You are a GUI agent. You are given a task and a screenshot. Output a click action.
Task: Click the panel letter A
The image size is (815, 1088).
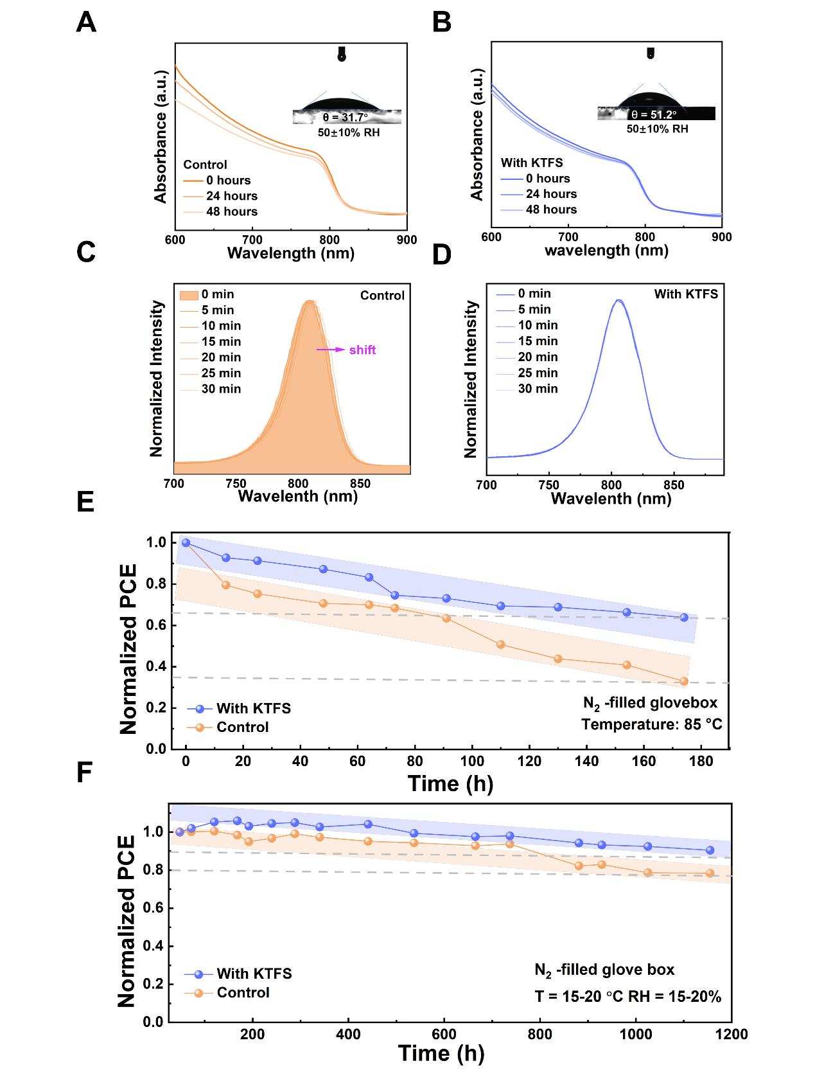(x=86, y=23)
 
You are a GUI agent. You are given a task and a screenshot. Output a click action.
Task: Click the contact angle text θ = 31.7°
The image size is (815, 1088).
(x=345, y=118)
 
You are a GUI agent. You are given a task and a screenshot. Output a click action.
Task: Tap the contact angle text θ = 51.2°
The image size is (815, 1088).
(x=654, y=114)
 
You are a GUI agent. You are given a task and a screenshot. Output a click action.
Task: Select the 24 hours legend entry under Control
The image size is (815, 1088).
(x=231, y=196)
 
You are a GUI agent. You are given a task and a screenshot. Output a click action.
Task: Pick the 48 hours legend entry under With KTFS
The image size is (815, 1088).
(x=551, y=210)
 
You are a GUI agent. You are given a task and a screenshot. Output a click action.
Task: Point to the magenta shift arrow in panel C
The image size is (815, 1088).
(x=330, y=350)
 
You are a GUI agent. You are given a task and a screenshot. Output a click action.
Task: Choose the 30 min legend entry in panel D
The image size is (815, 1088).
(x=538, y=389)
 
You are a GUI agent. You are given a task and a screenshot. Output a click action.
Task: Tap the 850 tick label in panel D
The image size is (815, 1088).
(x=673, y=485)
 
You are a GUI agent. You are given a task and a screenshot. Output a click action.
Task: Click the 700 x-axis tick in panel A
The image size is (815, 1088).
(x=252, y=240)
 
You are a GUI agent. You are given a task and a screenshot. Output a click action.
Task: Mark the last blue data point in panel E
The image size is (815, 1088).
(x=684, y=618)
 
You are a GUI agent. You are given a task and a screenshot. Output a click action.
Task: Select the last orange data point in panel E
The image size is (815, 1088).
(x=684, y=681)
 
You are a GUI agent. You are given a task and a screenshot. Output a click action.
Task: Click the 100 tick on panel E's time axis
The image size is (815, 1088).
(x=472, y=762)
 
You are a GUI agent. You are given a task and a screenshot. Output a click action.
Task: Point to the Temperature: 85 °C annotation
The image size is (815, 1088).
(x=651, y=725)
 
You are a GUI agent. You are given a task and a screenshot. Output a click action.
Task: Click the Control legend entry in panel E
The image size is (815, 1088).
(x=242, y=727)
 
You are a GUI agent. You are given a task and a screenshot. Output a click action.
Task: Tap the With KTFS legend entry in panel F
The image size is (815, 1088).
(x=254, y=974)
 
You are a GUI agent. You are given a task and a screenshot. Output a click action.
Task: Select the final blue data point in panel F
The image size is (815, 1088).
(x=710, y=850)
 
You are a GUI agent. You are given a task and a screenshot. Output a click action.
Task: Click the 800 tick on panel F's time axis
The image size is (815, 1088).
(x=539, y=1034)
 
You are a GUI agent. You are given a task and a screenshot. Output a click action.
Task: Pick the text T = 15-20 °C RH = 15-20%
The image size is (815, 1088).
(x=627, y=997)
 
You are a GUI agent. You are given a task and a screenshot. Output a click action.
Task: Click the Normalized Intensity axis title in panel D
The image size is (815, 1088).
(x=471, y=379)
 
